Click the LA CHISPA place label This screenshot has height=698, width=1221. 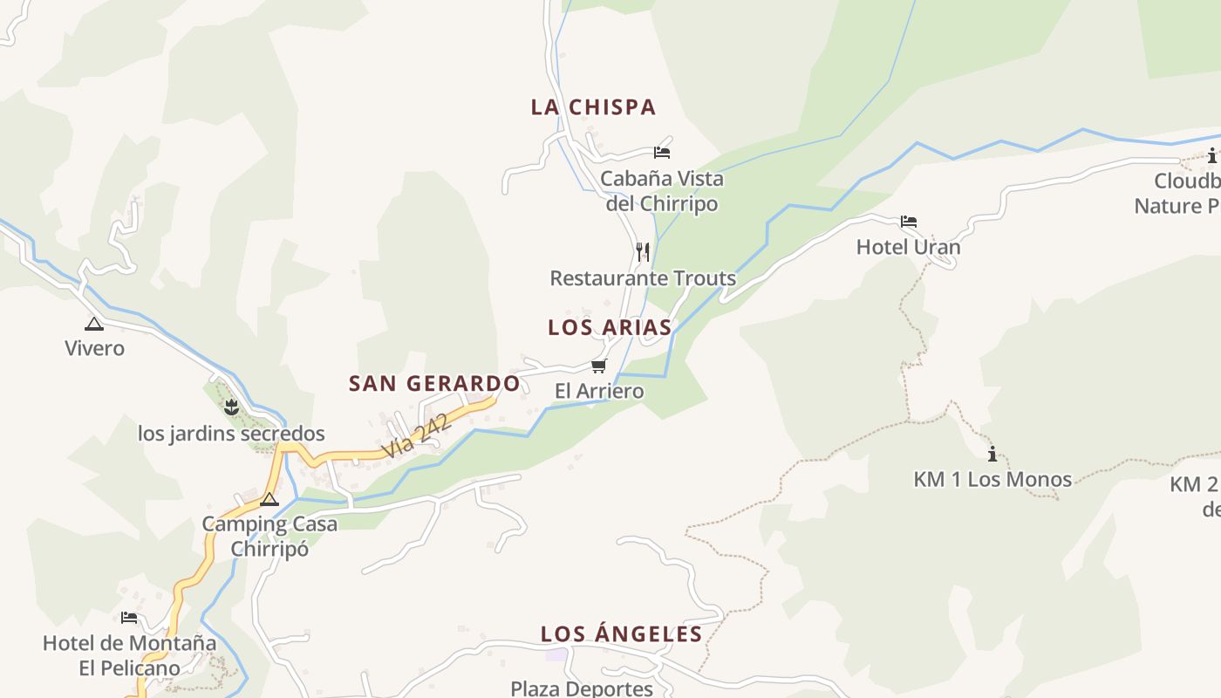[x=593, y=107]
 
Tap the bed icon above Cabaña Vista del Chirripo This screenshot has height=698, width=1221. [x=662, y=153]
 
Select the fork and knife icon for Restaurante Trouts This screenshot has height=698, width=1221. [x=643, y=252]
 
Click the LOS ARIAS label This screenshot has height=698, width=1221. [x=610, y=328]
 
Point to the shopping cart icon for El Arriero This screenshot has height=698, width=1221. [x=598, y=366]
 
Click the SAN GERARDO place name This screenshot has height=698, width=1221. [x=434, y=384]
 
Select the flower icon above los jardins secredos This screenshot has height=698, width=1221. [x=231, y=407]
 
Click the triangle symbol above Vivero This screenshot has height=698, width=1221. [x=94, y=324]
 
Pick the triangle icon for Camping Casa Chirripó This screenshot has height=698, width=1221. [x=269, y=499]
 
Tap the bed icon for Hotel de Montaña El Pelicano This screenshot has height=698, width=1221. [x=129, y=618]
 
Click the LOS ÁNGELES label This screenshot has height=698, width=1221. [x=621, y=634]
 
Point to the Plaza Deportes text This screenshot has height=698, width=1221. [x=582, y=688]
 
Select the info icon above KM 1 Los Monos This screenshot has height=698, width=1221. [x=992, y=454]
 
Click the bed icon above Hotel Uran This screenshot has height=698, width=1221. [x=909, y=222]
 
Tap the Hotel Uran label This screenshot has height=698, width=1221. [x=908, y=247]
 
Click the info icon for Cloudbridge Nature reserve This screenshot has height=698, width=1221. [x=1211, y=156]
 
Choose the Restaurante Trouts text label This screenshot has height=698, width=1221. [x=643, y=278]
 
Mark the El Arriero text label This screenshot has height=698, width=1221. [x=599, y=391]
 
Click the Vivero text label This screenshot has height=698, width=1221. [x=94, y=348]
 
